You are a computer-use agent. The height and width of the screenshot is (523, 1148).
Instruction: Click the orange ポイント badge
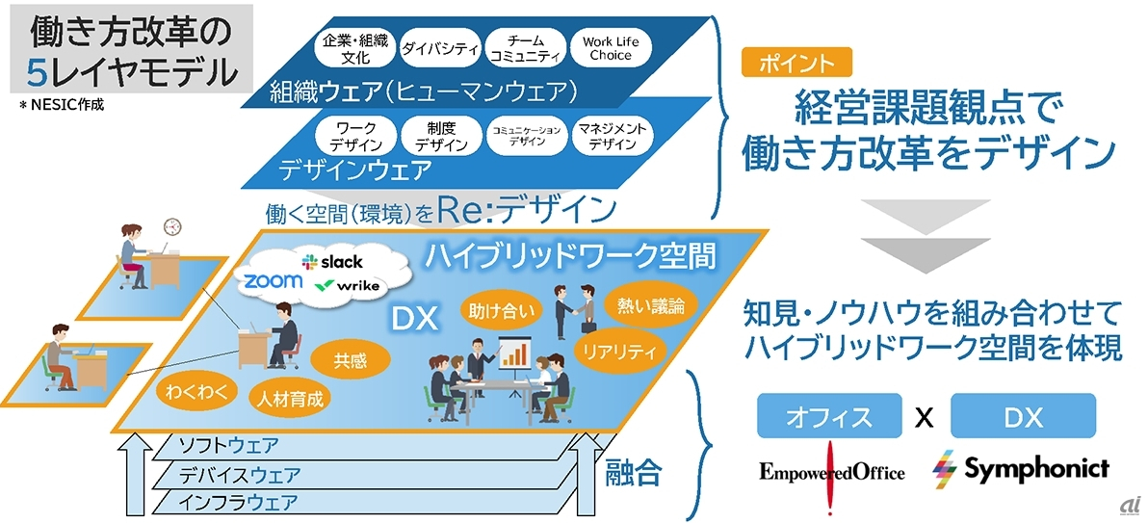coord(797,63)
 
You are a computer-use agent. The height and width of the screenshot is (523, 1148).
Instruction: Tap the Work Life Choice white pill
coord(611,48)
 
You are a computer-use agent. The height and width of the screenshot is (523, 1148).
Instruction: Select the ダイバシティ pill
coord(439,48)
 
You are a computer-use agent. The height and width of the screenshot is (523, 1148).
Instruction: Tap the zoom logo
coord(273,280)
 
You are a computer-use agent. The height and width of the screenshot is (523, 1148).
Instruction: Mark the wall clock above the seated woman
coord(172,225)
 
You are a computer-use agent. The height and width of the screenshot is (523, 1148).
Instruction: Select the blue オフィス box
coord(829,416)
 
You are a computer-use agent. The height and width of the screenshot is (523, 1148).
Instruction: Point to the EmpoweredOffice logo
coord(831,473)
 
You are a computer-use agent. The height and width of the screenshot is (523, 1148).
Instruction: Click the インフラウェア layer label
coord(239,503)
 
